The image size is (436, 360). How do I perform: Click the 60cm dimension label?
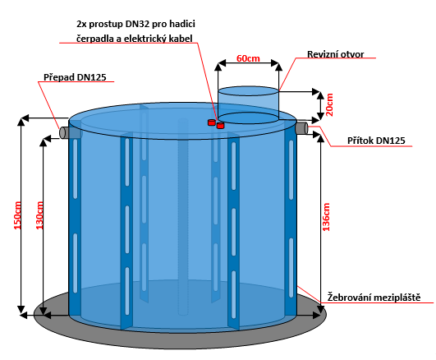click(x=248, y=58)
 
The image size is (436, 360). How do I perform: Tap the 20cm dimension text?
click(x=329, y=104)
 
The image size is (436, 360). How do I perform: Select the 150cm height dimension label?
click(x=17, y=215)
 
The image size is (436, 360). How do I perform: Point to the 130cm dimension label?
click(x=39, y=215)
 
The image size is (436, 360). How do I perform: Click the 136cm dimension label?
click(x=326, y=217)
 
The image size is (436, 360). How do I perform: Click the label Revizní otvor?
click(x=335, y=54)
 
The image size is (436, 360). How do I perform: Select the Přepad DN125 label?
click(x=75, y=77)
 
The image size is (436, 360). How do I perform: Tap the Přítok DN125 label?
click(x=376, y=141)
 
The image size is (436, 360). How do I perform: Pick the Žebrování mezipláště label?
click(x=374, y=297)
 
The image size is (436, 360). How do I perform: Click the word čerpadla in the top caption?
click(x=94, y=39)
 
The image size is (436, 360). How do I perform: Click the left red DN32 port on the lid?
click(x=212, y=122)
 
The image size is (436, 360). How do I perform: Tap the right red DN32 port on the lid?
click(x=220, y=126)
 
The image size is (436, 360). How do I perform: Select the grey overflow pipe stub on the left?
click(x=65, y=132)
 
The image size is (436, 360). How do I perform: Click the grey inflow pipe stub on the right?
click(x=302, y=128)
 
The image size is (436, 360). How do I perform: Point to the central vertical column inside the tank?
click(x=183, y=217)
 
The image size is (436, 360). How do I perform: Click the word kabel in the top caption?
click(x=182, y=39)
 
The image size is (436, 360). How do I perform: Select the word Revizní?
click(x=321, y=54)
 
